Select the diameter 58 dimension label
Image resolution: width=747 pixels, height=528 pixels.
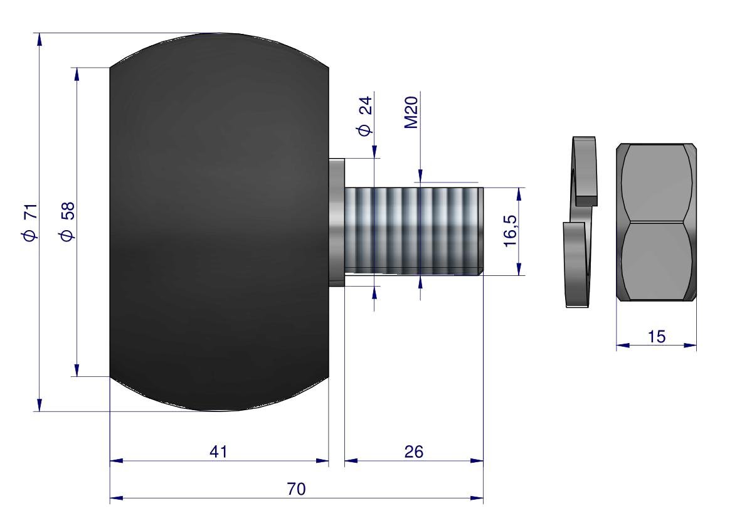(x=68, y=221)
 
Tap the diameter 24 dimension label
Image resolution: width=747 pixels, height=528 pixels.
(x=365, y=115)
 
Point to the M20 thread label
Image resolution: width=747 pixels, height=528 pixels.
(x=411, y=112)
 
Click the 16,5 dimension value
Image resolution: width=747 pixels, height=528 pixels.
(x=510, y=231)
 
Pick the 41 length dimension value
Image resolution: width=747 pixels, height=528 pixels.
(x=219, y=451)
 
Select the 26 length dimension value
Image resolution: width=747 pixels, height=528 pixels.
(x=413, y=451)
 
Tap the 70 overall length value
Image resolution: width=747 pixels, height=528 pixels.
(x=296, y=489)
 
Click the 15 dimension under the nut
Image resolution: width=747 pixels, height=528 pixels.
(x=657, y=337)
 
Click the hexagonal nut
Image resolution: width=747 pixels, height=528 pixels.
(x=656, y=222)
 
